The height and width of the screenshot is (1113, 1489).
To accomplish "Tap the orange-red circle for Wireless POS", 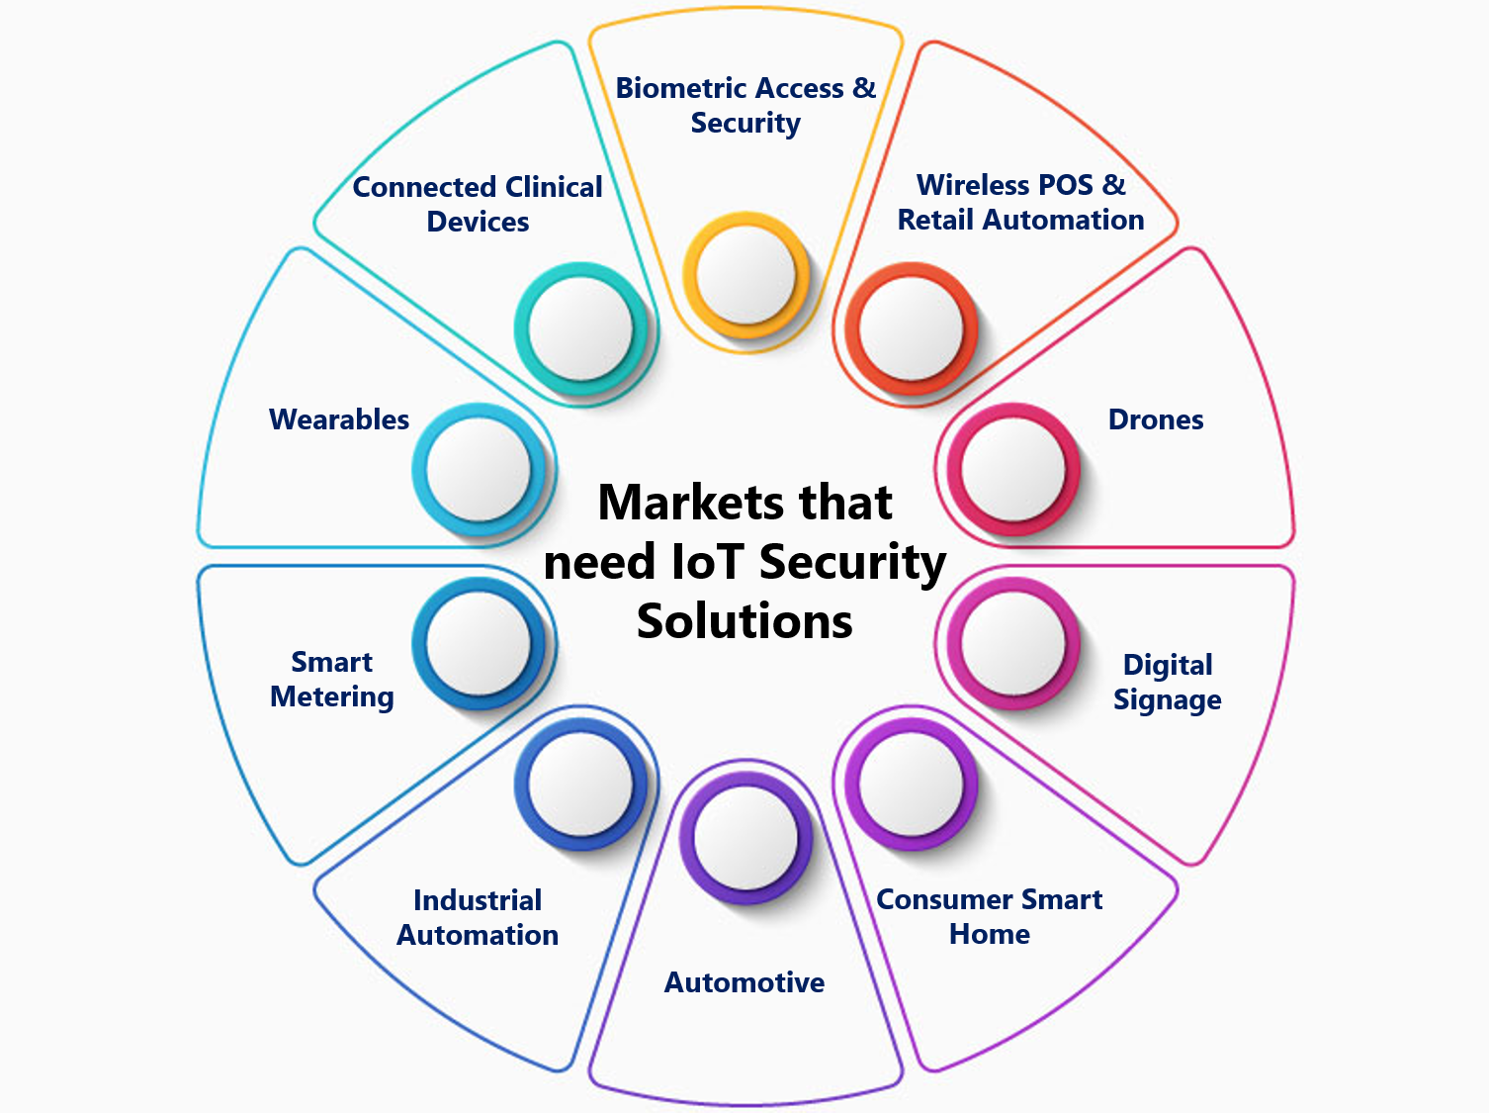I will tap(911, 327).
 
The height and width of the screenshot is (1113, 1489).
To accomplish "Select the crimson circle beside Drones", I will tap(1013, 469).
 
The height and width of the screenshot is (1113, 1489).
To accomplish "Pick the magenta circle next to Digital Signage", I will tap(1013, 644).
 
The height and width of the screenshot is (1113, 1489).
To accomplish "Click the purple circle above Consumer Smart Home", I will tap(911, 785).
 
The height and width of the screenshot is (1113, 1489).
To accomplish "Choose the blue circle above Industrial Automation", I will tap(580, 785).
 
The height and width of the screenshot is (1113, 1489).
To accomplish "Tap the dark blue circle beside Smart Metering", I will tap(479, 644).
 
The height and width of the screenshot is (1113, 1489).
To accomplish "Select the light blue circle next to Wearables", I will tap(479, 469).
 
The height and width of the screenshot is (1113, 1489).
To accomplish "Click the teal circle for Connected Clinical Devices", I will tap(580, 327).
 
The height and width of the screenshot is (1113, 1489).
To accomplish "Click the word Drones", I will tap(1155, 419).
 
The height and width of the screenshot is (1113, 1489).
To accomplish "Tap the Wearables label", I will tap(339, 419).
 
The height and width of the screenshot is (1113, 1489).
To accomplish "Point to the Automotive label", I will tap(744, 982).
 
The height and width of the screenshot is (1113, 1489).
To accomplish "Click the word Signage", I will tap(1167, 700).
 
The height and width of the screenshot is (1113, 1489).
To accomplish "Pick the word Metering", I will tap(332, 696).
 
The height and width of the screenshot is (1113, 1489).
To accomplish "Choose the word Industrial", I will tap(478, 900).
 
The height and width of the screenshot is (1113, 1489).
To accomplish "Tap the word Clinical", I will tap(554, 187).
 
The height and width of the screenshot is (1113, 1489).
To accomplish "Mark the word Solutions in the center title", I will tap(744, 621).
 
